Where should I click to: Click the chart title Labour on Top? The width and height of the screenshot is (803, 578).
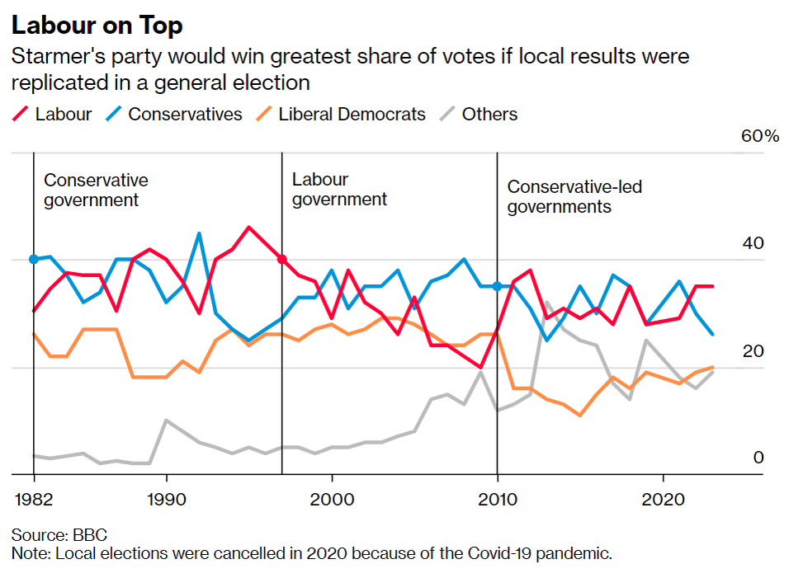click(x=97, y=26)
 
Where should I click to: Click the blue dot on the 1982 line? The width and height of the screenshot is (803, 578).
click(x=34, y=259)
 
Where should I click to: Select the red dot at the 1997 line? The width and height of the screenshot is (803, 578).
click(x=281, y=259)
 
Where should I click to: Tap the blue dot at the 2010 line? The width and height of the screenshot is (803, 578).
click(x=497, y=286)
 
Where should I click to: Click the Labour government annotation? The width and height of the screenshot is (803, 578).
click(x=339, y=189)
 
